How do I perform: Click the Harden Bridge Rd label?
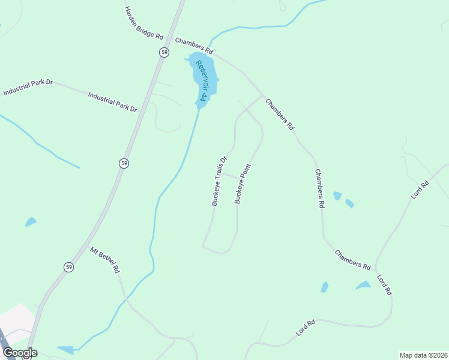143,23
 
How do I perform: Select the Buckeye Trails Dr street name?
218,181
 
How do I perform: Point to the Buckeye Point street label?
242,184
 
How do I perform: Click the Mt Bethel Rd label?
105,260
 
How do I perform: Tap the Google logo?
20,353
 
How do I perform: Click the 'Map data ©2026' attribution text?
424,355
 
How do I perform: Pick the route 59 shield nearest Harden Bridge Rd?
164,52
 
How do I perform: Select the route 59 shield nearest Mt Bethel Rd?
69,267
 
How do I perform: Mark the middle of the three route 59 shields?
123,163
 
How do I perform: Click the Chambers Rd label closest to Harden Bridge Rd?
194,44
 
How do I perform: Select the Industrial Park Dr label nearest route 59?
113,102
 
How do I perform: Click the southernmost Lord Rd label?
306,328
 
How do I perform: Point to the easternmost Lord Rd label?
420,189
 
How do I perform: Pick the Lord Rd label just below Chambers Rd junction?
384,284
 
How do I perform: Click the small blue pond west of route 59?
31,223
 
